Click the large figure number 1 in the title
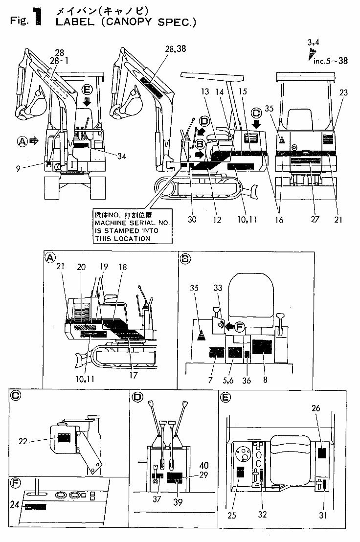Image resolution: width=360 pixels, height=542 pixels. point(39,15)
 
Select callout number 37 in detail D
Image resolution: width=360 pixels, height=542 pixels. point(156,501)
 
